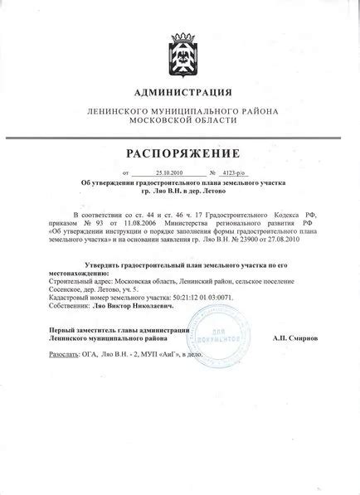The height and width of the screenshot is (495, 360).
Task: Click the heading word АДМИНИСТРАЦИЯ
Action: pos(180,93)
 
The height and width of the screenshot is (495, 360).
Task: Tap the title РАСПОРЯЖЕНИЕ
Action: pos(180,153)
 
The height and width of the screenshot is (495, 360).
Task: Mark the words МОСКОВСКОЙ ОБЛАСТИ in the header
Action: pos(180,121)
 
